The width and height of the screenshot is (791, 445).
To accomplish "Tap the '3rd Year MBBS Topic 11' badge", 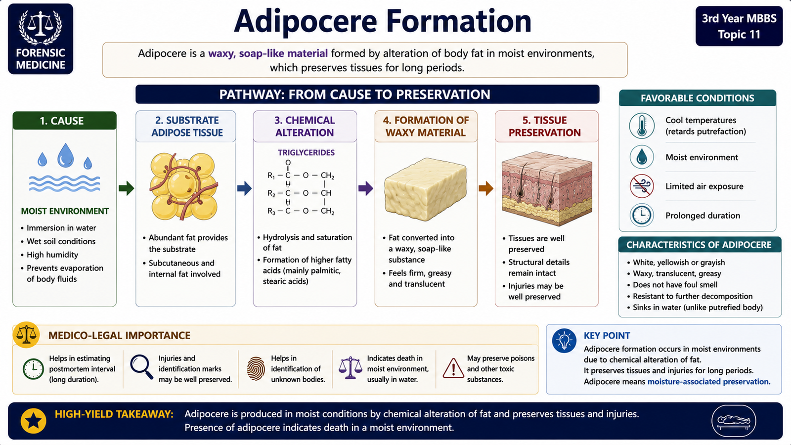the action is pos(739,26).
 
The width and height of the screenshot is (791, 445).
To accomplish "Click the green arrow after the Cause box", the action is pos(126,188).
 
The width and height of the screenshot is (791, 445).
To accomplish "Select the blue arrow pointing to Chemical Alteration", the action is pos(244,188).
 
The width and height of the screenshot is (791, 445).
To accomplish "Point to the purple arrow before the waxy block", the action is pos(366,188).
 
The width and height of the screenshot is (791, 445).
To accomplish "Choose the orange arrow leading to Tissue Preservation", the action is pos(486,188).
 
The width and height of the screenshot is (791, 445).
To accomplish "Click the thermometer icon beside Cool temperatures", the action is pos(642,126).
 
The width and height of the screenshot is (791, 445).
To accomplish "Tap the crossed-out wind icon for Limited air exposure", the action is pos(642,186).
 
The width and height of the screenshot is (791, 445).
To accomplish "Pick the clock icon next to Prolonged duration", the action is pos(642,215).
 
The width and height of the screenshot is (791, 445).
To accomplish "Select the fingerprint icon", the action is pos(256,369).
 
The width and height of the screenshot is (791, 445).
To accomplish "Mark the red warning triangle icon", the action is pos(453,368).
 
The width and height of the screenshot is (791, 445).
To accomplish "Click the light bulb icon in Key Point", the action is pos(564,341).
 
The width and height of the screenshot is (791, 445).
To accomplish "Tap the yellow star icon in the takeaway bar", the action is pos(34,421).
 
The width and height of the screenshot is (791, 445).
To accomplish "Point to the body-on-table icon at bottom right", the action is pos(734,421).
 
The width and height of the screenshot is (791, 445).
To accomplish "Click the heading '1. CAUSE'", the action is pos(62,121).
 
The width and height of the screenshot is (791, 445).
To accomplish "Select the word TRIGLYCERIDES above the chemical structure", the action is pos(306,153).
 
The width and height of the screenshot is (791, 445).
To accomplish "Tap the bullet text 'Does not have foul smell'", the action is pos(675,285).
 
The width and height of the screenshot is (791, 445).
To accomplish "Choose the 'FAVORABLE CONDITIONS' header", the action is pos(698,98).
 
